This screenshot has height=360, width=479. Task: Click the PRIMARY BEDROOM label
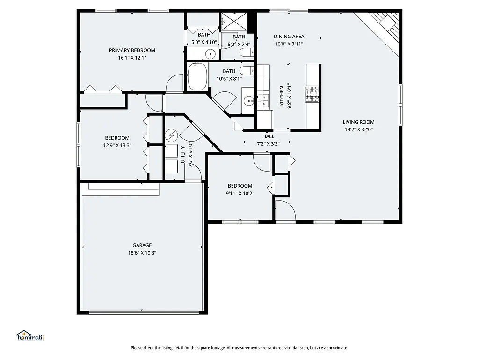[132, 50]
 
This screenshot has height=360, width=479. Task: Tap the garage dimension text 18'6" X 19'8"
[142, 253]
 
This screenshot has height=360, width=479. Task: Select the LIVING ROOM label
[358, 122]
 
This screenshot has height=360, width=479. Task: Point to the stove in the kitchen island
[312, 93]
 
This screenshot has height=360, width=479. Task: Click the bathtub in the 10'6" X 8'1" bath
[197, 78]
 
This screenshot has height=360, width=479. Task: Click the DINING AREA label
[289, 37]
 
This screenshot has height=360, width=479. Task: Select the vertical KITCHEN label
[282, 96]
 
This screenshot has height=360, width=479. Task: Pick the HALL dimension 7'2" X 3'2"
[268, 144]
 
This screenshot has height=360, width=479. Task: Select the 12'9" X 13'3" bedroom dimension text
[117, 145]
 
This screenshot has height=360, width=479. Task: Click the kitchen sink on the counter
[263, 99]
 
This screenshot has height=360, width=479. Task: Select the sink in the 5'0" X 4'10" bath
[210, 54]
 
